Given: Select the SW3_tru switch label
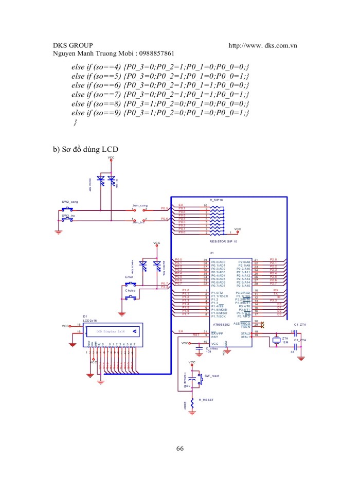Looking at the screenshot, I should tap(68, 216).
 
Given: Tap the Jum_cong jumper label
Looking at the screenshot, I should tap(140, 205).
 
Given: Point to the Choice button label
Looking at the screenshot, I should tap(130, 291).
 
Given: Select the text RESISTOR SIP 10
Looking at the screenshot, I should tap(223, 241).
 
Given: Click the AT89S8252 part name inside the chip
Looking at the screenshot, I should tap(222, 325).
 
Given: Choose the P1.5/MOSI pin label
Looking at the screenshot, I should tap(220, 309).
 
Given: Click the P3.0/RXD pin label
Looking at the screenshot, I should tap(243, 292).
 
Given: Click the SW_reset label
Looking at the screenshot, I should tap(211, 376).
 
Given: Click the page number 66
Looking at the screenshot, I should tap(179, 448).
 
